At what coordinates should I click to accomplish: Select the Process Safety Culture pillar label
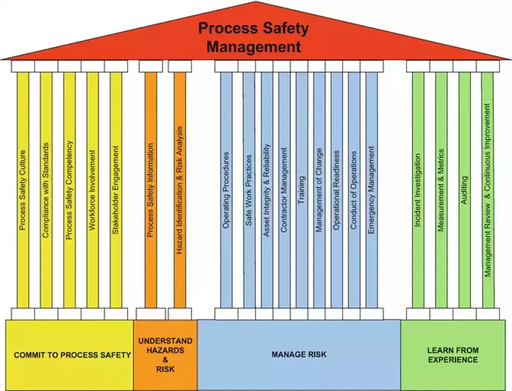pyautogui.click(x=23, y=190)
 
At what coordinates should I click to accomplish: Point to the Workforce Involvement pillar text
pyautogui.click(x=92, y=190)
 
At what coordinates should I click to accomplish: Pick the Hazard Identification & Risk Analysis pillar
pyautogui.click(x=180, y=190)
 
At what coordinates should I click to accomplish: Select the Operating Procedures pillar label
pyautogui.click(x=226, y=190)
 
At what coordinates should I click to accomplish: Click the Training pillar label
pyautogui.click(x=301, y=190)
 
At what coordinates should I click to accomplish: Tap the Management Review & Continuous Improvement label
pyautogui.click(x=488, y=190)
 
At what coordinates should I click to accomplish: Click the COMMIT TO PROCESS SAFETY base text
pyautogui.click(x=72, y=355)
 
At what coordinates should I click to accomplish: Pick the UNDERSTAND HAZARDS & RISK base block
pyautogui.click(x=165, y=355)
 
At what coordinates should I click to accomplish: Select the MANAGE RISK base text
pyautogui.click(x=298, y=355)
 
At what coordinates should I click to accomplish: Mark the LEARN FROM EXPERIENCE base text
pyautogui.click(x=453, y=355)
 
